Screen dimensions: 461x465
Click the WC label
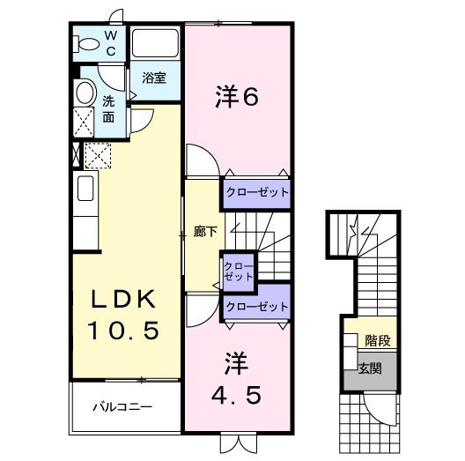[x=111, y=42]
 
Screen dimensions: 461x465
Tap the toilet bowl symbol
[x=88, y=42]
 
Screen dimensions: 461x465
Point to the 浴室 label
[x=154, y=78]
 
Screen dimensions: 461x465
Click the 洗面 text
[x=108, y=108]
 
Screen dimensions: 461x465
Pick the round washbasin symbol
[x=85, y=93]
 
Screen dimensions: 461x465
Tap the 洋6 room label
[x=236, y=97]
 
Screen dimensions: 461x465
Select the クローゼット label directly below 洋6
[x=255, y=192]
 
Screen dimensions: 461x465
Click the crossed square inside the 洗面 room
[x=85, y=122]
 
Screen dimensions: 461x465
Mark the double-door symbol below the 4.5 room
[x=236, y=442]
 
